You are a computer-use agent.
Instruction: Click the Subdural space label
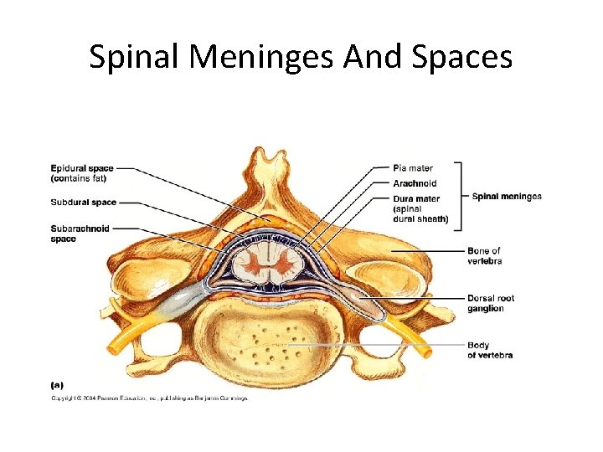(x=84, y=203)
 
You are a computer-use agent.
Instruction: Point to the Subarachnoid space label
(x=80, y=234)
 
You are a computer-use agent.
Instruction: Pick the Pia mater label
(x=413, y=168)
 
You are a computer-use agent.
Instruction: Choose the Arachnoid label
(x=415, y=183)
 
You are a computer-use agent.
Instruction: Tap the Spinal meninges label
(x=507, y=197)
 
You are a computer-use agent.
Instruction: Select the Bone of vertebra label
(x=484, y=255)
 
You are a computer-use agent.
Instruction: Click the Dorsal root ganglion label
(x=491, y=303)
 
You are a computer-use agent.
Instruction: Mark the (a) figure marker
(x=57, y=385)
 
